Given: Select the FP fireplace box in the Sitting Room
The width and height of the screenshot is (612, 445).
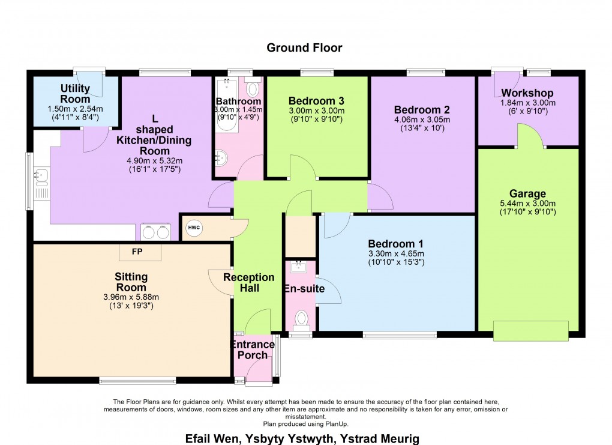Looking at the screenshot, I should click(140, 252).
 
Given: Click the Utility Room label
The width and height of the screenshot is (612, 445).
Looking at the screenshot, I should click(75, 94).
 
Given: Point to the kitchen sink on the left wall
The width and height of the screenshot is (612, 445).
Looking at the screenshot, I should click(41, 176).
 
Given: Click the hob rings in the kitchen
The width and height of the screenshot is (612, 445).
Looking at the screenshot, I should click(155, 232).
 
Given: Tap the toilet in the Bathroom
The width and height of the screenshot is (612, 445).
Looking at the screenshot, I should click(253, 89).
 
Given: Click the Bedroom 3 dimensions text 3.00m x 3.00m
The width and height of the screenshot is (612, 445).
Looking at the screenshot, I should click(316, 111).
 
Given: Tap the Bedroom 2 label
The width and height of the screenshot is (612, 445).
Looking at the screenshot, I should click(422, 110).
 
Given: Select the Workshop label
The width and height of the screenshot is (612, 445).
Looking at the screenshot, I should click(527, 93).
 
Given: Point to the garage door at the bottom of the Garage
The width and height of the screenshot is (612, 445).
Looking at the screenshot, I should click(530, 330).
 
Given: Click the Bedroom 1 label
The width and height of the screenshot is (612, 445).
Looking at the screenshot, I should click(395, 244).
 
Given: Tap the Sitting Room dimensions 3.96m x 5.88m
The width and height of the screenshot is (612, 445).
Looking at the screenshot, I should click(131, 297).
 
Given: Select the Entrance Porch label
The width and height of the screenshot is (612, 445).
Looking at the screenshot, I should click(253, 350).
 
